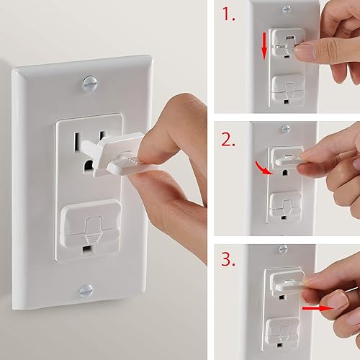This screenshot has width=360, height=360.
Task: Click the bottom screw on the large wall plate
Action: tap(86, 291)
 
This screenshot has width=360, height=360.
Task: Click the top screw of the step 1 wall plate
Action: tap(287, 9)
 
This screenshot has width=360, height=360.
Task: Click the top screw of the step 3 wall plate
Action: tap(282, 248)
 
